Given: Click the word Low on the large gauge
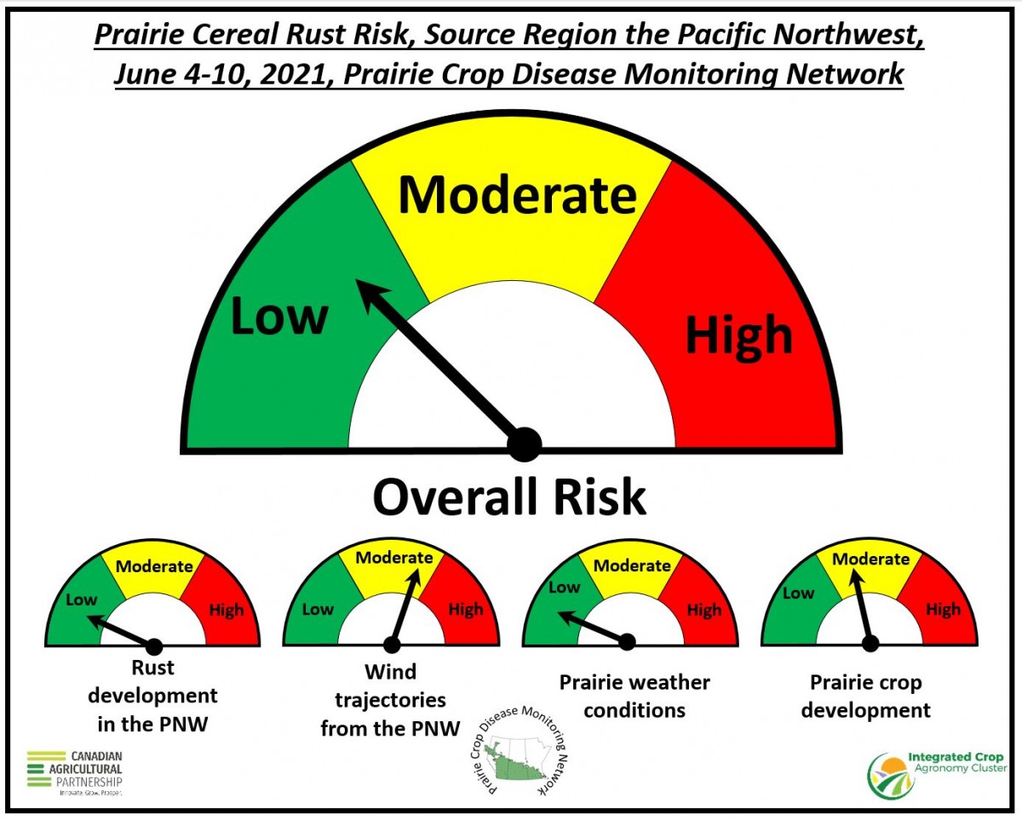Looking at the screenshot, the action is pos(279,315).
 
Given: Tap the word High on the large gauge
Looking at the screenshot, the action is pos(739,336).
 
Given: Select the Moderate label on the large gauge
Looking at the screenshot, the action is pos(517,195).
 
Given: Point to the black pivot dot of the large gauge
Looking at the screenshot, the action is pos(524,444).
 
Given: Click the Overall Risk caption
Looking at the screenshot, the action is pos(509,496).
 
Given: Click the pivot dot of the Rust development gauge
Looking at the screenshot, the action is pos(153,646).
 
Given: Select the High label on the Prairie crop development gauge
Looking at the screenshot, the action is pos(943,609).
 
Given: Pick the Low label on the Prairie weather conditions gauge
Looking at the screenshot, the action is pos(564,588).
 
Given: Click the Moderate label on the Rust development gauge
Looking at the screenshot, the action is pos(154,566).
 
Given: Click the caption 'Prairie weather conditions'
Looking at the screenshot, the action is pos(635,697).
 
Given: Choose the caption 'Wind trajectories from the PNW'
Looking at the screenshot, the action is pos(390,700).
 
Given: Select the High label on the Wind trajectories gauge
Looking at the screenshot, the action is pos(466,609).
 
